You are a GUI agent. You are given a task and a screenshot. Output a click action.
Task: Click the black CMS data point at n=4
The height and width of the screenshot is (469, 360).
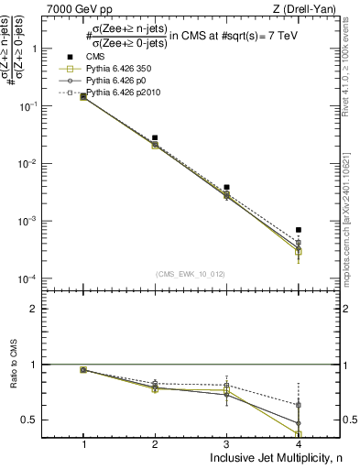299,230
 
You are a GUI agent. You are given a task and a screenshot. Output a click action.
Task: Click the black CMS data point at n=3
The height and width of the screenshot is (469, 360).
226,187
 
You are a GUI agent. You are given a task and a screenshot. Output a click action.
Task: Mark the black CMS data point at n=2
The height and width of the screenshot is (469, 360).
155,137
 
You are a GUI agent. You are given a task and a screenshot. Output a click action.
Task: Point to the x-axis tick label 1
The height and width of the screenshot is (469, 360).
83,443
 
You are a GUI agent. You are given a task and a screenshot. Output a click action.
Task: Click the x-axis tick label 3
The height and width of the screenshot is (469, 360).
226,443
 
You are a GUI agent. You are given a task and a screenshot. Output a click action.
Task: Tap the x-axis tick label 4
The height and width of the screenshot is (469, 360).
299,443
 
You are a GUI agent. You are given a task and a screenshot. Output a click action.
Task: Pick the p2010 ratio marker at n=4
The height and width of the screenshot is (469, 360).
299,404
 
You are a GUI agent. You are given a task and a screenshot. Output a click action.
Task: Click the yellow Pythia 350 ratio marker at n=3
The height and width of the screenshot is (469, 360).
226,390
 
